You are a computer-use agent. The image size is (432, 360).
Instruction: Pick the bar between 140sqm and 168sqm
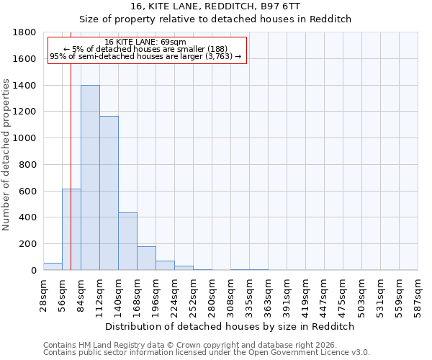pos(127,241)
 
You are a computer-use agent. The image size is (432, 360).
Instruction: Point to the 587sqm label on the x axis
pos(418,294)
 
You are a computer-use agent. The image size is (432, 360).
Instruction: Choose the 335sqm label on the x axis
pos(249,294)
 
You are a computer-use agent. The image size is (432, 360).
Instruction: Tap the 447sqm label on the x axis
pos(324,294)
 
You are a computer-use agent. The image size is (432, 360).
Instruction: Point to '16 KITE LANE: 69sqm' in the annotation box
pos(145,42)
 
